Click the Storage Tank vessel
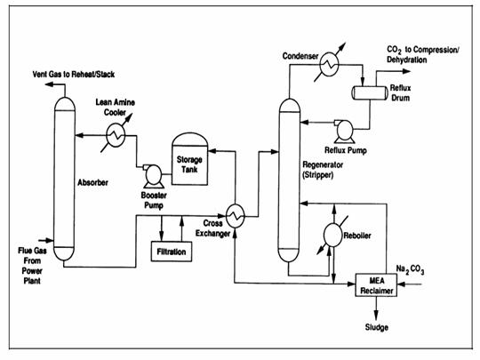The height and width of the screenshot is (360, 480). pos(189,159)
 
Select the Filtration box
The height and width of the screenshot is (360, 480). pos(172,252)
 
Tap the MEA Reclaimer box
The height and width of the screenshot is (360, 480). pos(376,285)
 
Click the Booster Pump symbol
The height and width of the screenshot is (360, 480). pos(153,176)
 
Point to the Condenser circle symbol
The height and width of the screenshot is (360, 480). pos(329,64)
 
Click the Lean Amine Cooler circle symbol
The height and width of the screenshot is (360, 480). pos(116,135)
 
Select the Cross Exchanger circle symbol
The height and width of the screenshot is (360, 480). pos(235,216)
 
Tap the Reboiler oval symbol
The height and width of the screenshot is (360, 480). pos(332,235)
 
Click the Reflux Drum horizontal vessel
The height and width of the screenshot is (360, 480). pos(369,92)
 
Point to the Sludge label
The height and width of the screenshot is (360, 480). pos(377,327)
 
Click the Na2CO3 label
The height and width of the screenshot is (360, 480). pos(410,269)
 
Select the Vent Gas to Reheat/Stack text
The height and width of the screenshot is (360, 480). pos(74,75)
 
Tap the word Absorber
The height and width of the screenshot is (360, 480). pos(92,183)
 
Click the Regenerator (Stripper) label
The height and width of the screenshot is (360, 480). pos(323,170)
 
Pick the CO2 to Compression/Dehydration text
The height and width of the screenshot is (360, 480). pos(423,54)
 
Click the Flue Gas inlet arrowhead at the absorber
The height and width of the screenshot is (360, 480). pos(50,240)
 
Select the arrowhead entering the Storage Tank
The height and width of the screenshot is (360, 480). pos(212,150)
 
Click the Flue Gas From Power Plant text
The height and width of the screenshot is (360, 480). pos(32,266)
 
